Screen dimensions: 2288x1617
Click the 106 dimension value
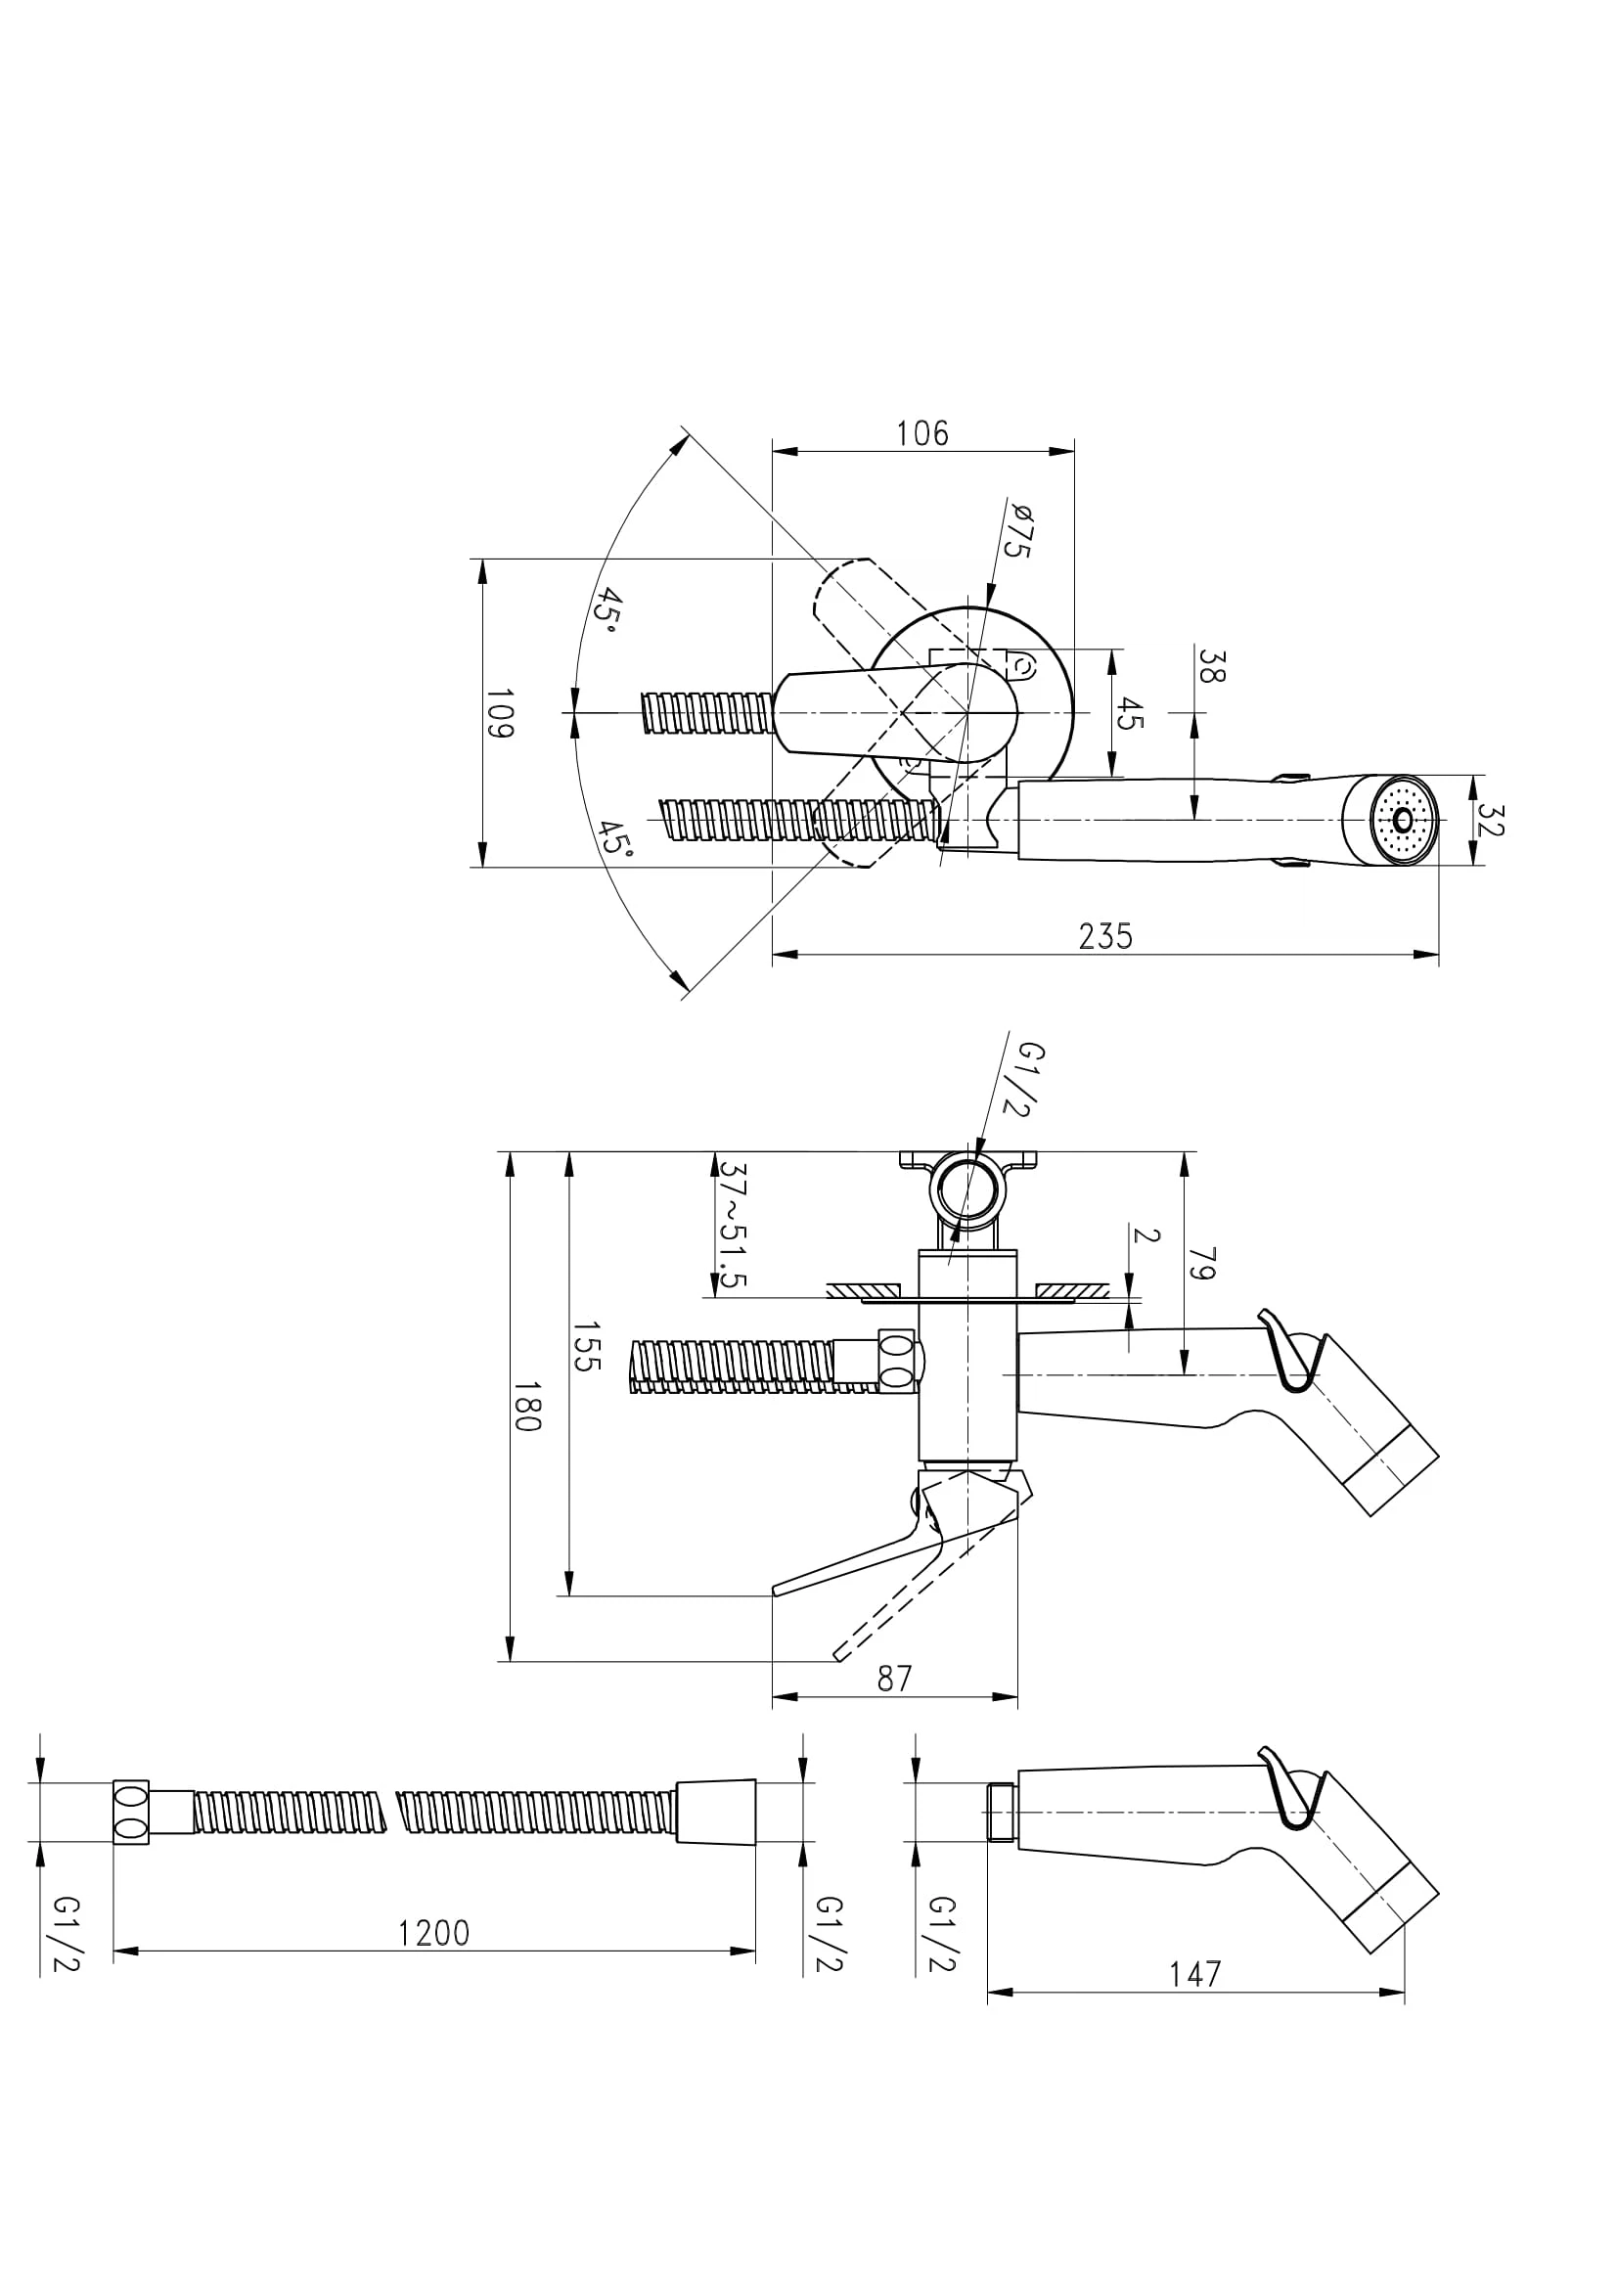922,433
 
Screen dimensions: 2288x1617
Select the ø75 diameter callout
1017,531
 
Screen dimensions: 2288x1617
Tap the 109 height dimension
499,712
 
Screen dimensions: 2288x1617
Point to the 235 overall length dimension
1106,936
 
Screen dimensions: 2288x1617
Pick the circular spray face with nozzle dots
1404,820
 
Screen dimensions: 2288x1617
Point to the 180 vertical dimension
527,1406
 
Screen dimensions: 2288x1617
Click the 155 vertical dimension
586,1347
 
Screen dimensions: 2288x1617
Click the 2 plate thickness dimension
1146,1235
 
